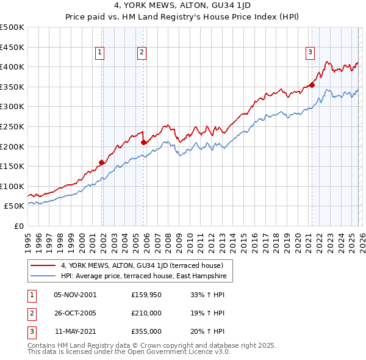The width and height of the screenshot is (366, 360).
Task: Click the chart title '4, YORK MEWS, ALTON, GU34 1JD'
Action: pyautogui.click(x=183, y=5)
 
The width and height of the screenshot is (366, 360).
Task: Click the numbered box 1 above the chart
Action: pyautogui.click(x=99, y=53)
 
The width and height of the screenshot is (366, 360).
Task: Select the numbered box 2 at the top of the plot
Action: pyautogui.click(x=142, y=53)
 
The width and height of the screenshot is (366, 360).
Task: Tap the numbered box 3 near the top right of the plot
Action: pyautogui.click(x=310, y=53)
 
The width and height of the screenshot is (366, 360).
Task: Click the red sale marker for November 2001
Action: pyautogui.click(x=102, y=162)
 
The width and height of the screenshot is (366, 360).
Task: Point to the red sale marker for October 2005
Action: pyautogui.click(x=144, y=142)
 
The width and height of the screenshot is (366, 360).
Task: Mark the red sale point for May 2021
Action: pyautogui.click(x=312, y=85)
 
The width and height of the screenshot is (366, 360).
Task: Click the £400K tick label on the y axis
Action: pyautogui.click(x=12, y=67)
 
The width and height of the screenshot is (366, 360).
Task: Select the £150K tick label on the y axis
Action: pyautogui.click(x=12, y=166)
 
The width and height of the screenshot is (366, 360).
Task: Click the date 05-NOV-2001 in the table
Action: pyautogui.click(x=75, y=294)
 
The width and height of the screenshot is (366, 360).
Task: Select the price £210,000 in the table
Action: pyautogui.click(x=146, y=313)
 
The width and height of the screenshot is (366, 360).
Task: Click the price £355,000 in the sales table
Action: pyautogui.click(x=146, y=331)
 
